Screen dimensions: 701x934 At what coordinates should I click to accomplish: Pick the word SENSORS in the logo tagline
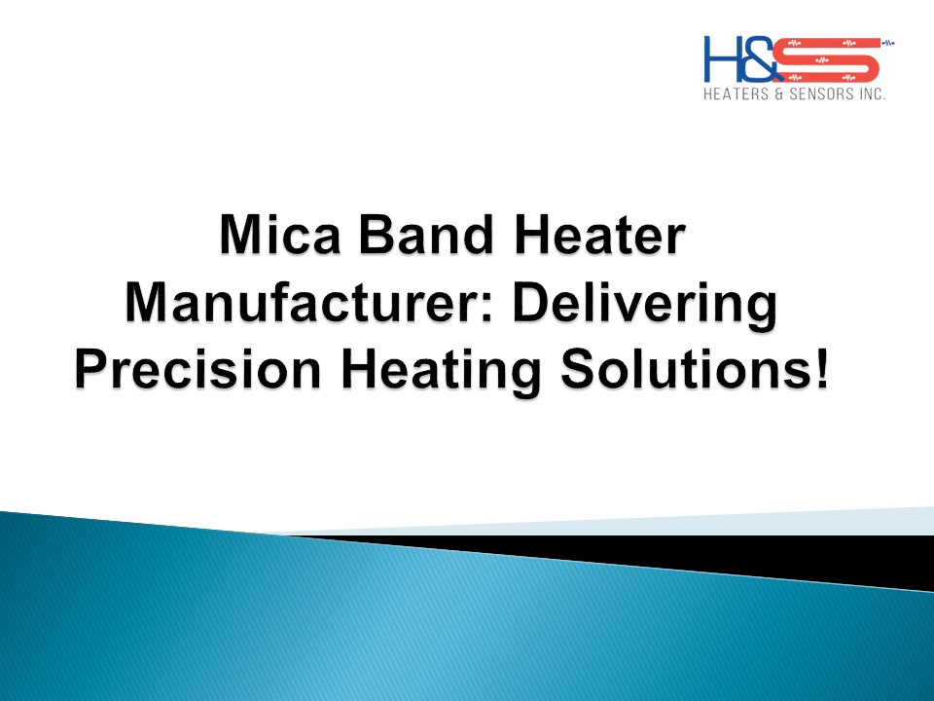pyautogui.click(x=818, y=95)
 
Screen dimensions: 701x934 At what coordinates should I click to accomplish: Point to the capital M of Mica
pyautogui.click(x=237, y=240)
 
